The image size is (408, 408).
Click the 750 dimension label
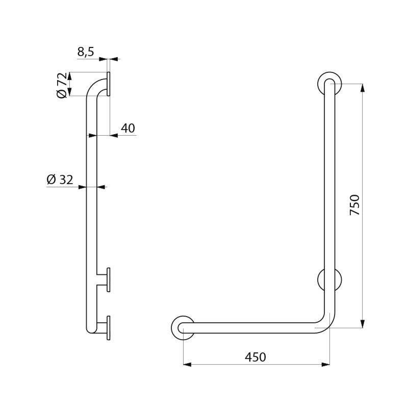[355, 205]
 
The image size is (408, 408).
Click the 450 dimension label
[256, 357]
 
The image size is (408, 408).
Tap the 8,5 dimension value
[86, 52]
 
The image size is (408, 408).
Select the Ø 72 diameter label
[62, 85]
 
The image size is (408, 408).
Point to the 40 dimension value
[127, 128]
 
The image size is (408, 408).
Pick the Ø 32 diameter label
[60, 180]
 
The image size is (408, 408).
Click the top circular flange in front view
[329, 83]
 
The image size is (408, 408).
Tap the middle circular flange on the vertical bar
[330, 280]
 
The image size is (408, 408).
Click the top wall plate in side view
[109, 84]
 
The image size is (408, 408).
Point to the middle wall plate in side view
[109, 279]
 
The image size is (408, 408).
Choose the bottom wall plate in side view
[109, 327]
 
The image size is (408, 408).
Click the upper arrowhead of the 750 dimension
[362, 88]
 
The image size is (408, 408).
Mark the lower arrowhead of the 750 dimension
[362, 323]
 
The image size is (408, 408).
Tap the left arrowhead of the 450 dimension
[187, 364]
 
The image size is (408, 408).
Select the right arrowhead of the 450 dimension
[325, 364]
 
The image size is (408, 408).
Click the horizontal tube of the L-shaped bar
[255, 327]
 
